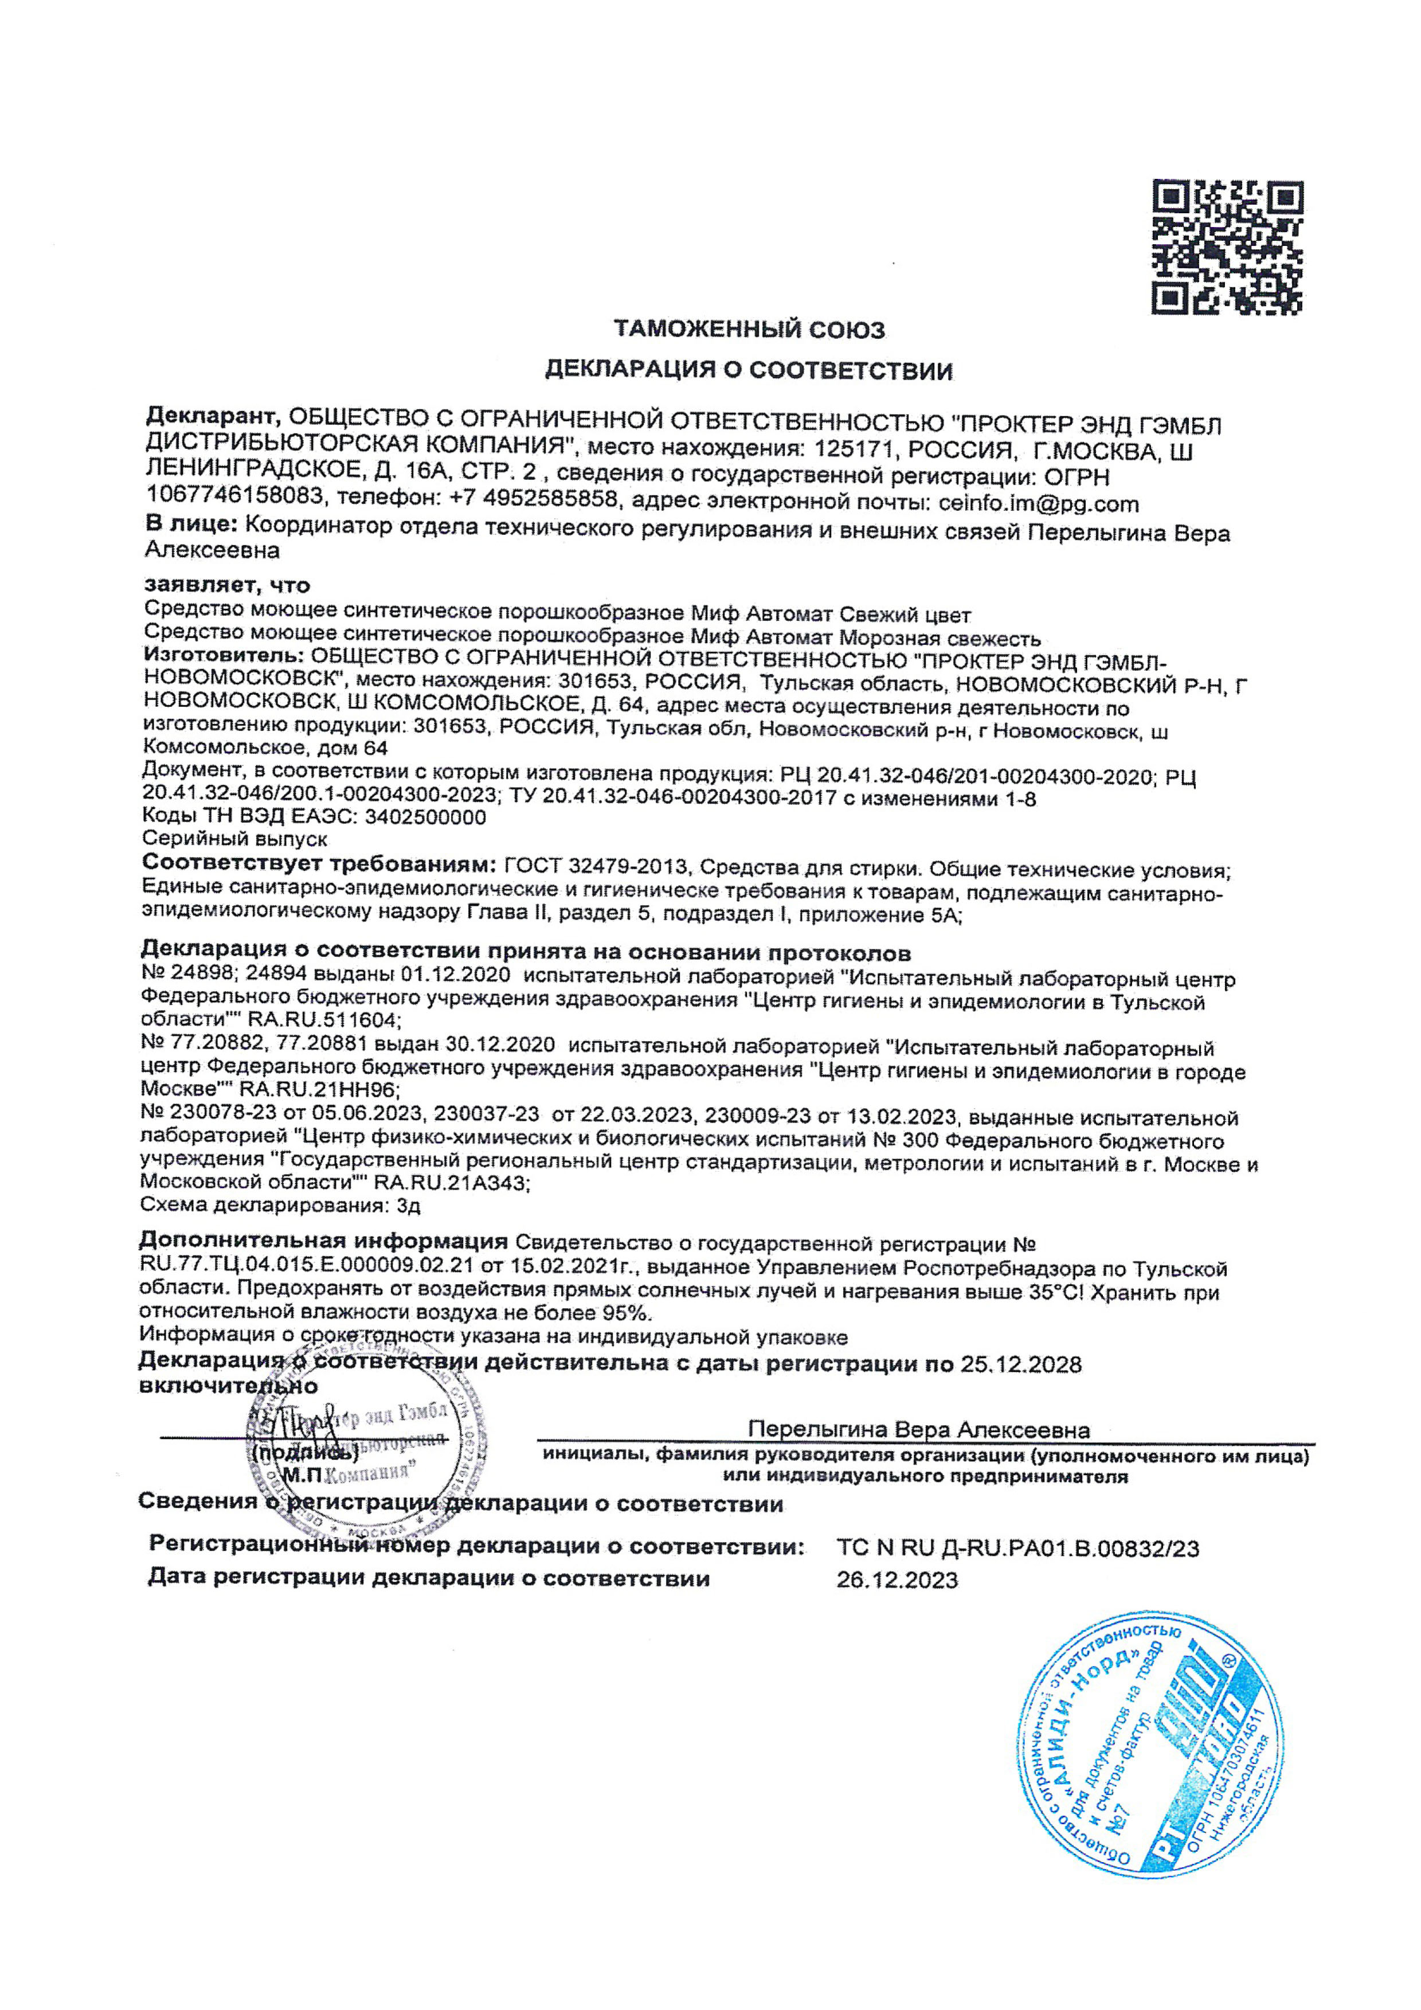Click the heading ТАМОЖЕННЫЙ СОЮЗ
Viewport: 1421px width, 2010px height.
[749, 330]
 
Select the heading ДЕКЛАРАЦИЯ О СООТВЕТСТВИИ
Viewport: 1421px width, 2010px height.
[749, 370]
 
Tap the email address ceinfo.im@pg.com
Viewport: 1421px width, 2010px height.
[1039, 503]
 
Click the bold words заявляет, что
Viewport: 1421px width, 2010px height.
[227, 584]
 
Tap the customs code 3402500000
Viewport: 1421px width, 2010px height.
[425, 817]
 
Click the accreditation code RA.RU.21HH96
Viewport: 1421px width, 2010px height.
[319, 1090]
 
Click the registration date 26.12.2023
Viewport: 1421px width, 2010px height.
[897, 1580]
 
